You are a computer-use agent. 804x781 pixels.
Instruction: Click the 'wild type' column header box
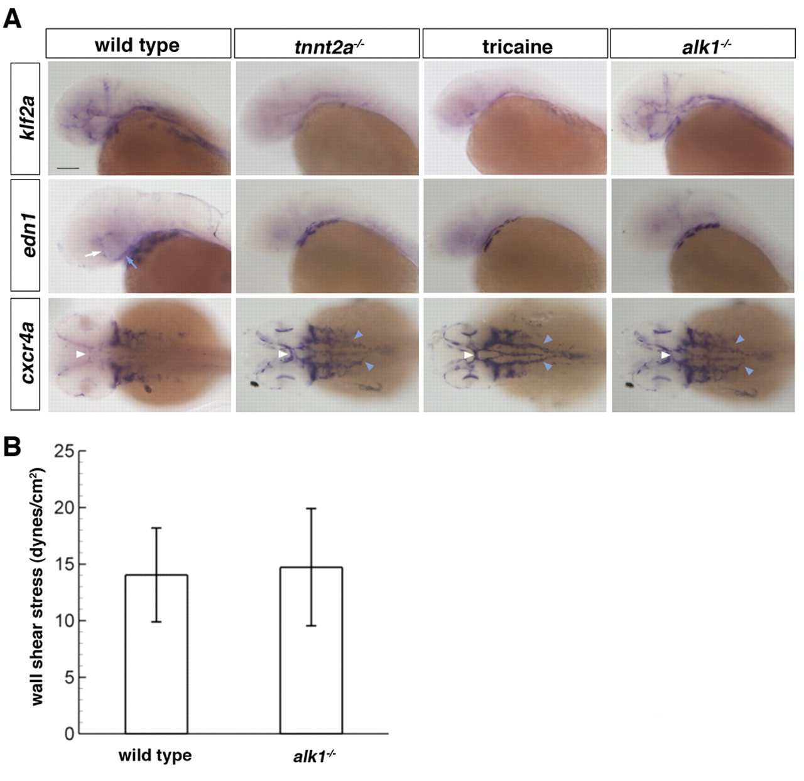(x=138, y=45)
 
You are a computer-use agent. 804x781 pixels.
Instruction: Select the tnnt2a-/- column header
(x=327, y=45)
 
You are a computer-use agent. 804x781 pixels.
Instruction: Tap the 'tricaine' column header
(x=515, y=45)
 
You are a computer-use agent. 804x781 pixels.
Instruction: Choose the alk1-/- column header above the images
(x=703, y=45)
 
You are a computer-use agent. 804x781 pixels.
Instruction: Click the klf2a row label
(x=25, y=118)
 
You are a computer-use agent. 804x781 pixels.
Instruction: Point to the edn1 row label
(x=25, y=235)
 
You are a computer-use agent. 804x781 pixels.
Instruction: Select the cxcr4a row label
(x=25, y=355)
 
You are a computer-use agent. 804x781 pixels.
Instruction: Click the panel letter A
(x=12, y=19)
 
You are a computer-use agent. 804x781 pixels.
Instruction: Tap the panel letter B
(x=12, y=447)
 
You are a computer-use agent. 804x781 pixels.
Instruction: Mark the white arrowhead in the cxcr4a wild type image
(x=80, y=355)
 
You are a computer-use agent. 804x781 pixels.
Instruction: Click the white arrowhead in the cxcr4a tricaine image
(x=468, y=355)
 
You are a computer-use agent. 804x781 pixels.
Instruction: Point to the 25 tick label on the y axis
(x=65, y=451)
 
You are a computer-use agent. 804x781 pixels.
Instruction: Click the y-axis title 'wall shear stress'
(x=37, y=587)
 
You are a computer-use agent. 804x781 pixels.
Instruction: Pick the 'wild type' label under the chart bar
(x=155, y=755)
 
